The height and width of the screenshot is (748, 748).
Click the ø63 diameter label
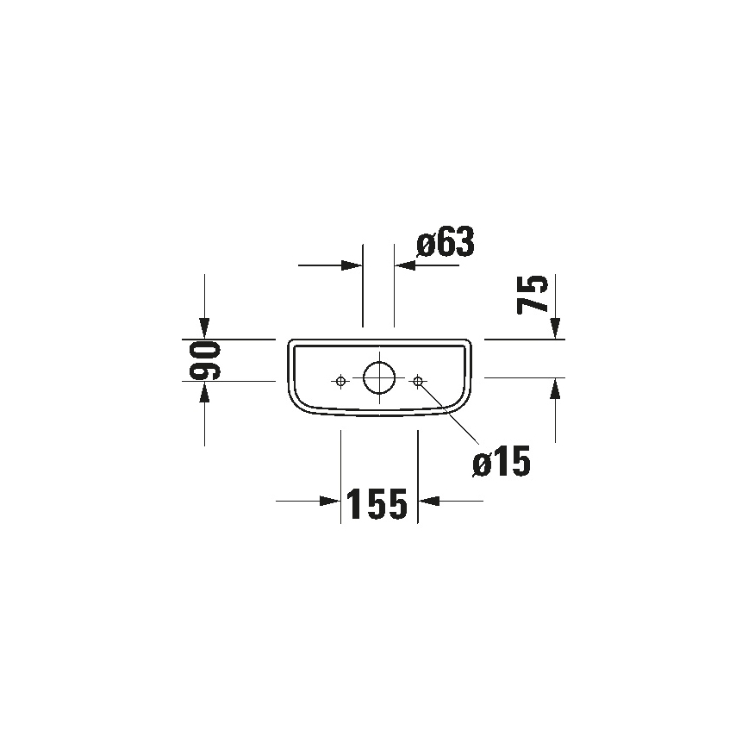pos(445,244)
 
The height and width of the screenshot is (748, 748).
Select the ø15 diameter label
pos(501,464)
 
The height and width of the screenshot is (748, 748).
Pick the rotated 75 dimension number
pos(533,294)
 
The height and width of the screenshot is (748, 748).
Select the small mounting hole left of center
pos(341,380)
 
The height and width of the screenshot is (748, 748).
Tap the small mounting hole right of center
pos(417,380)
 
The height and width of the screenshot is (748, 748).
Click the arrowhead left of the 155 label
pos(330,501)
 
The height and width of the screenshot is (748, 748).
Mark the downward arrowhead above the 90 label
pos(204,327)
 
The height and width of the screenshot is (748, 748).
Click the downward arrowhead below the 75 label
pos(556,327)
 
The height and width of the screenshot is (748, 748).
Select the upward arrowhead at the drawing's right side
pos(556,390)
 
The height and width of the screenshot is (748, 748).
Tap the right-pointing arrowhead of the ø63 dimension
pos(351,265)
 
